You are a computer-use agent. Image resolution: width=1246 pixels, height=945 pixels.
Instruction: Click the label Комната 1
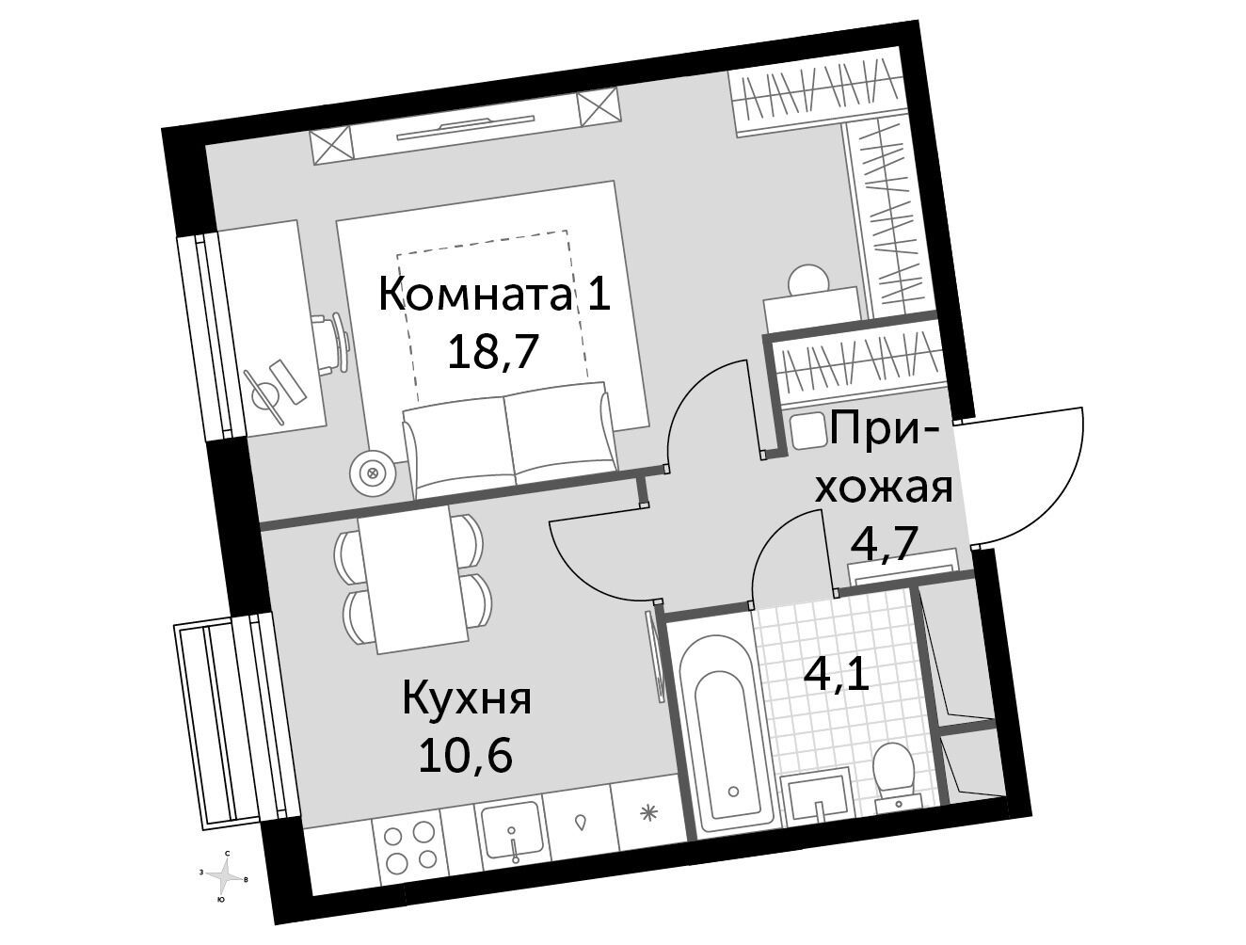click(494, 295)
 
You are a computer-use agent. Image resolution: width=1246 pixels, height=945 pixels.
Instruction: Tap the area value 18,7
click(492, 352)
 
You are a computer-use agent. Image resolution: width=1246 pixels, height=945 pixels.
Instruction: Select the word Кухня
click(467, 700)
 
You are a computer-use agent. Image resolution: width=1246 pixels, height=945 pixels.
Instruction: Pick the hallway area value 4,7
click(883, 543)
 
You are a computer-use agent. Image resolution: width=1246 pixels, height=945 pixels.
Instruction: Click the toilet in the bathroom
click(895, 778)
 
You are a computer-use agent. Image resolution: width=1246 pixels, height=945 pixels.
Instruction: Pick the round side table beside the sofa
click(373, 472)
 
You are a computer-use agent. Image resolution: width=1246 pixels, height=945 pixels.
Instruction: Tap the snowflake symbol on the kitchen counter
click(647, 814)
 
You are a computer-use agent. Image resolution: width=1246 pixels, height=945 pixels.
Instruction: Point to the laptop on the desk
click(272, 387)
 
